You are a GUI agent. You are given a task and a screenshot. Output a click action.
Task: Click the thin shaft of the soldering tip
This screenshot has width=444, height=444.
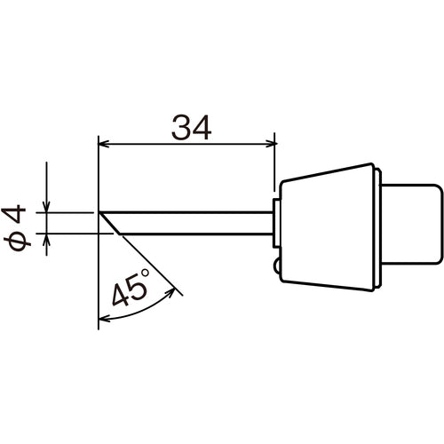click(x=195, y=223)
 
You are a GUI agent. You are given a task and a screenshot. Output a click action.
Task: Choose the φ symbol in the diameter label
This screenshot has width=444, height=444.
click(x=22, y=242)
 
